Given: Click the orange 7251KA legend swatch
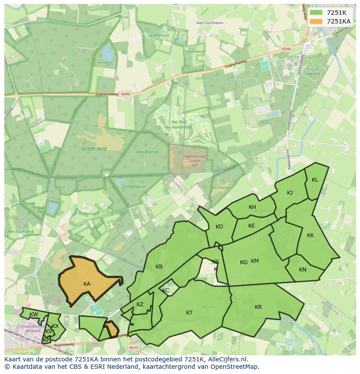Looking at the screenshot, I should pos(317,21).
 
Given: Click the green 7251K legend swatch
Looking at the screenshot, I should pos(317,13).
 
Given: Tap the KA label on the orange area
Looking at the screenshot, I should pos(87,284).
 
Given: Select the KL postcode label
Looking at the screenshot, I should pos(315,180).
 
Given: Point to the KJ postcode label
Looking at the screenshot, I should pos(290,193).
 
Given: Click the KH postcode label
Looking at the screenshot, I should pos(252,207).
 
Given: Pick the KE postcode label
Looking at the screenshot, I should pos(251,226).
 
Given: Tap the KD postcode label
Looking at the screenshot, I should pos(219,227).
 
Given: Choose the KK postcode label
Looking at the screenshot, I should pos(310,235).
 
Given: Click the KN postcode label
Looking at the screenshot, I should pos(303,270).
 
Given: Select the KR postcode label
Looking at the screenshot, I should pos(258,307).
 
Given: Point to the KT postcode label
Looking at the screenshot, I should pos(189,313).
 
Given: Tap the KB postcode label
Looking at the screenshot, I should pos(159,267).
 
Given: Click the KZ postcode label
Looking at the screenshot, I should pos(140,304).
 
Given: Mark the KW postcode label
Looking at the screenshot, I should pos(33,314).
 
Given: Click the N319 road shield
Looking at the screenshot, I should pos(133,348).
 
